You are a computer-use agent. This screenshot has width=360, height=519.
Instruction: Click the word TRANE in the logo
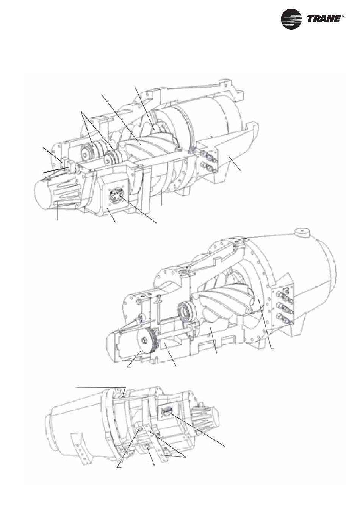[324, 19]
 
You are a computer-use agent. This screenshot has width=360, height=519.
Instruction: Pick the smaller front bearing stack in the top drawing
[113, 158]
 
